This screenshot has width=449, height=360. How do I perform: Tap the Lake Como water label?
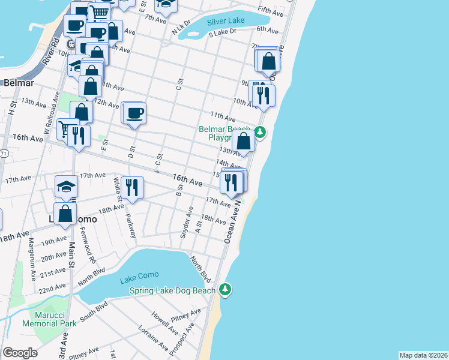tap(139, 275)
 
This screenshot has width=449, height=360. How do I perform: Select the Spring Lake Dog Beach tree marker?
tap(225, 290)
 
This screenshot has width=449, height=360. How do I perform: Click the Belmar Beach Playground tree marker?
tap(260, 132)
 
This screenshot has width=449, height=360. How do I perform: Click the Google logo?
tap(20, 353)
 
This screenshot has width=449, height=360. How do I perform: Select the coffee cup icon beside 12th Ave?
tap(135, 112)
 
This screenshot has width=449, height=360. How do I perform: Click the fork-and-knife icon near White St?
tap(131, 187)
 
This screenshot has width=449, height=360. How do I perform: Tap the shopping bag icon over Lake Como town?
tap(65, 213)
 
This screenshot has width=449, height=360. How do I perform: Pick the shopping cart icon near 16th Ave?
tap(64, 129)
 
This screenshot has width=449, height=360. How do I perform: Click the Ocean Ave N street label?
tap(232, 222)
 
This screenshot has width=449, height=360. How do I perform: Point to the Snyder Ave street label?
tap(187, 221)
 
